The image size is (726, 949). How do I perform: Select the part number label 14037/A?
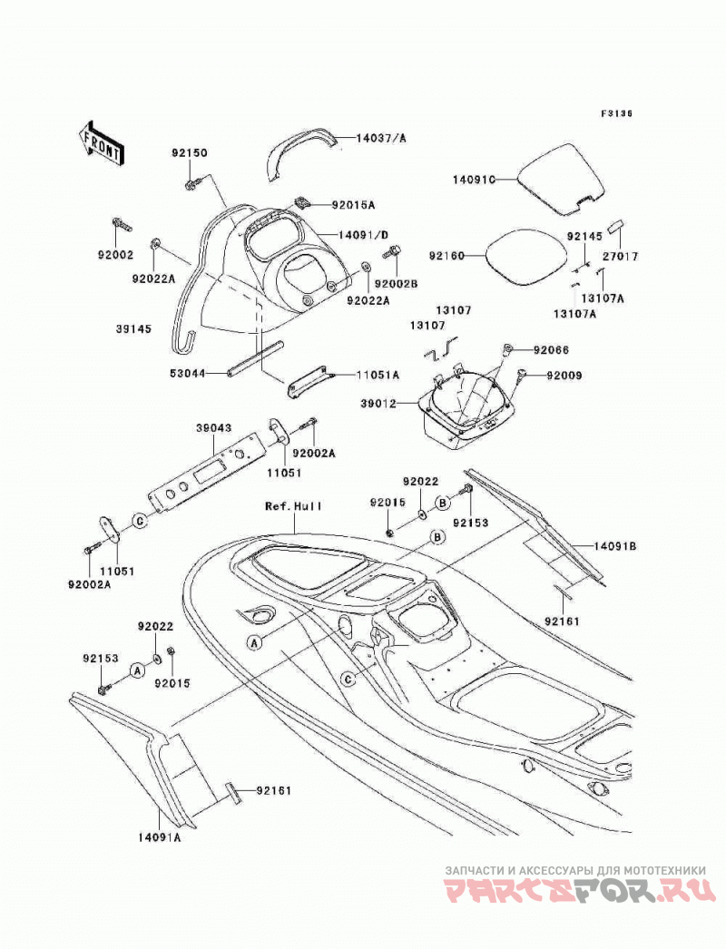(381, 138)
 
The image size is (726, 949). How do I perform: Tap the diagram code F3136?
(616, 113)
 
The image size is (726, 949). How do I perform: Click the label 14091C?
(474, 180)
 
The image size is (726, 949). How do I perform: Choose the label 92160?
(446, 256)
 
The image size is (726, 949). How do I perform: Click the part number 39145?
(133, 329)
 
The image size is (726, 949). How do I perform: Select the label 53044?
(187, 375)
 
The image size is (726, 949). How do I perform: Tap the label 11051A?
(378, 376)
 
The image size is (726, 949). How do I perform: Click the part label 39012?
(378, 403)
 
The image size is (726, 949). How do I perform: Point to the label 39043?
(213, 428)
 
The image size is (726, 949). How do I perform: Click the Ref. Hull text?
(294, 505)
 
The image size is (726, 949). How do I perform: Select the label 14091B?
(614, 546)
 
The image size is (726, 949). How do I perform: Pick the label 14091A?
(159, 837)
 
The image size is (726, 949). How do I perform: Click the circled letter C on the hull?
(348, 680)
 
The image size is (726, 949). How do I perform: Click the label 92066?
(551, 350)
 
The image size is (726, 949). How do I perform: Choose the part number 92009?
(564, 376)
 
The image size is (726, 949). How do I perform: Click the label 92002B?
(396, 283)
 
